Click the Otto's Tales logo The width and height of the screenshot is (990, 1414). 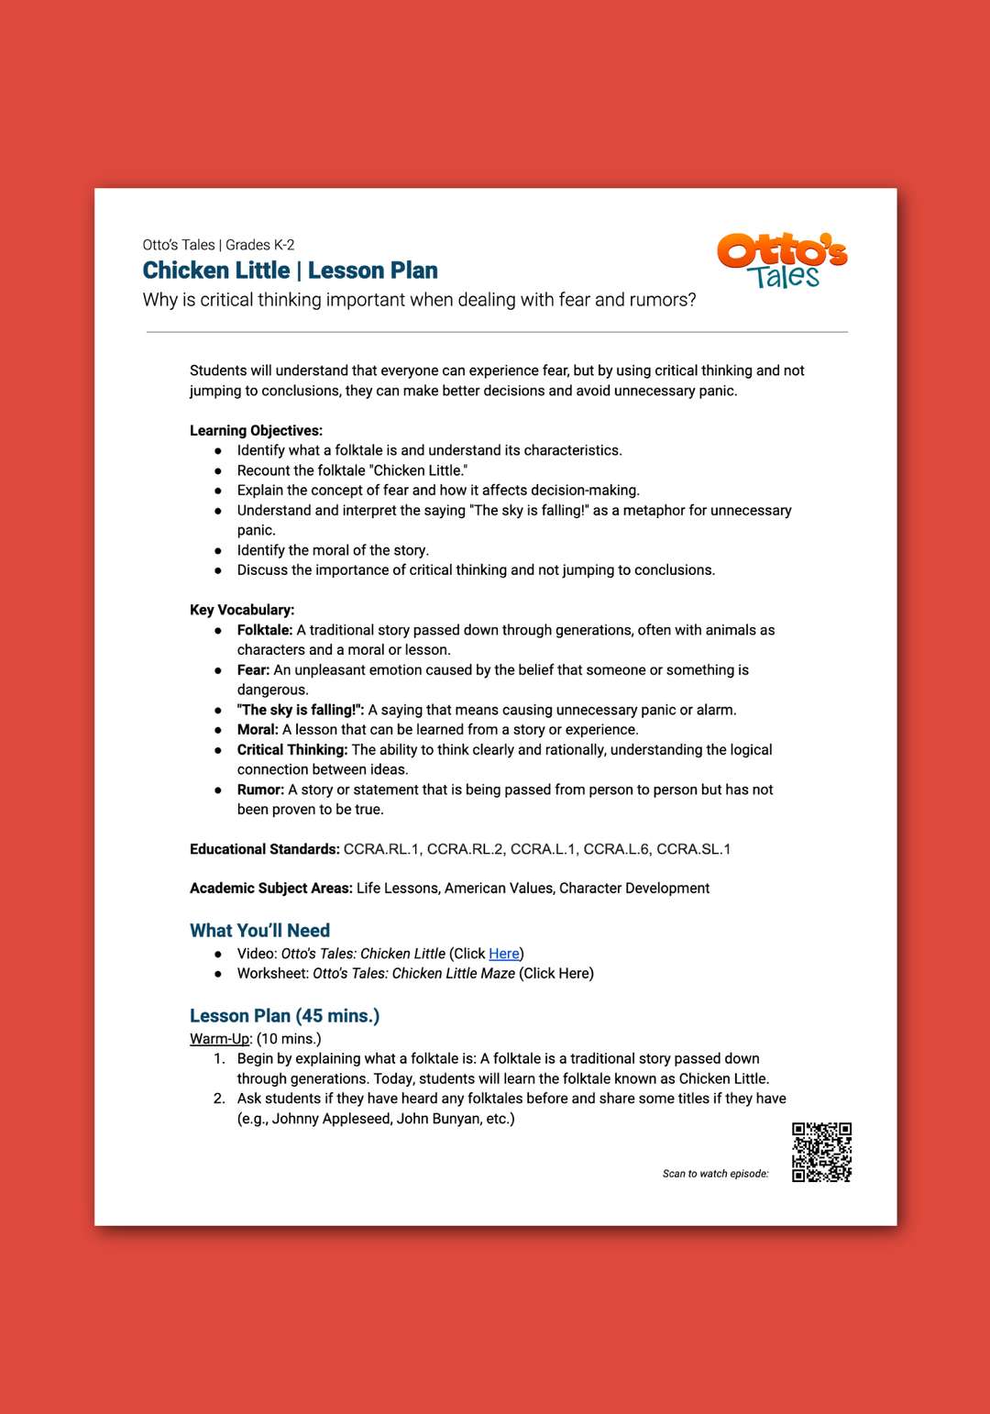point(782,260)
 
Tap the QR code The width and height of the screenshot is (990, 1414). point(821,1152)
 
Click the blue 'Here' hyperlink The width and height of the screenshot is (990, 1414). point(504,954)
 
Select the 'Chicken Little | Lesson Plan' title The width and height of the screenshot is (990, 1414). point(290,271)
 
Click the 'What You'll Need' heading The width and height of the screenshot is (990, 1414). point(259,930)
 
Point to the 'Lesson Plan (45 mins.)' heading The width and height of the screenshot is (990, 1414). point(284,1015)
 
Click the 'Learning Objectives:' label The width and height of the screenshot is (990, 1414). point(256,430)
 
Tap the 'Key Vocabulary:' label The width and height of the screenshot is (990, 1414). point(242,610)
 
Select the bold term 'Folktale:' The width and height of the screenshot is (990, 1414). point(265,630)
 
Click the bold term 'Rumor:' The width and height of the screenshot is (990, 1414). point(260,790)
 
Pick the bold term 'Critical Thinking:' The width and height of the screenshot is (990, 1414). point(292,749)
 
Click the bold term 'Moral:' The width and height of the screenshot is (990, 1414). point(258,730)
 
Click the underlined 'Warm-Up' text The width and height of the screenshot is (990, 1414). point(219,1039)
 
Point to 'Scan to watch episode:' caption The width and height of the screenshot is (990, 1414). point(715,1174)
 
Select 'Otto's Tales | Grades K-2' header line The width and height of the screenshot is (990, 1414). point(218,245)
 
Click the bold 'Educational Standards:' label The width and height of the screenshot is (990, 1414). point(264,849)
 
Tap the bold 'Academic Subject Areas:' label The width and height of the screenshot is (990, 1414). point(270,888)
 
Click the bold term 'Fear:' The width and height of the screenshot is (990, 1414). point(253,670)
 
